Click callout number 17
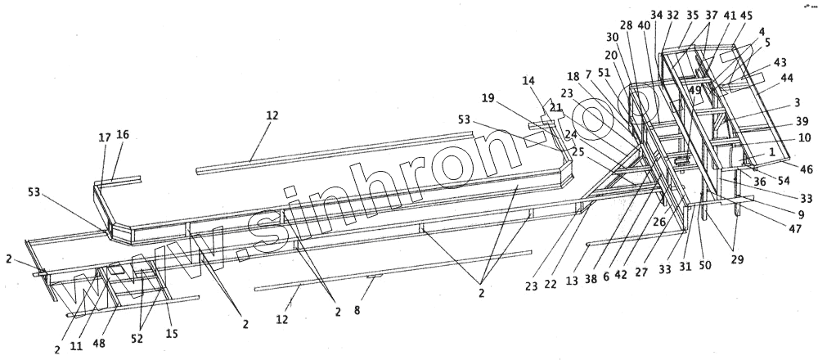coord(104,138)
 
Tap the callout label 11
coord(76,347)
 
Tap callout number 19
coord(488,97)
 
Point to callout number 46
coord(807,169)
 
